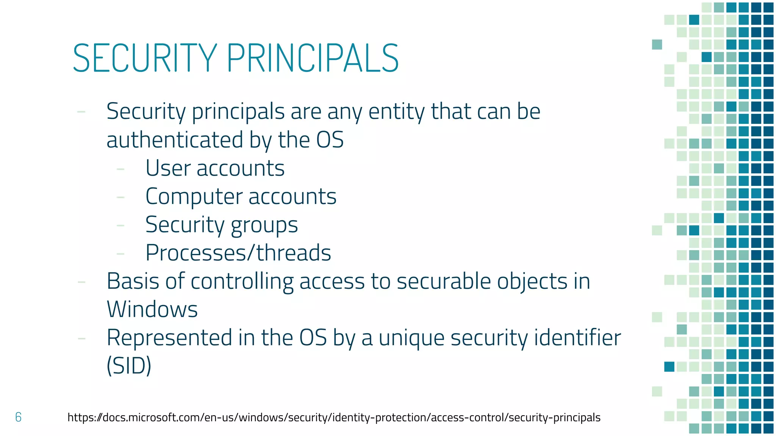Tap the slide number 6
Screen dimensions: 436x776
tap(18, 417)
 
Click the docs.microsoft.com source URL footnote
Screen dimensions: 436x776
tap(334, 417)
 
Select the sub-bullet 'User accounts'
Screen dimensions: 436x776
tap(215, 168)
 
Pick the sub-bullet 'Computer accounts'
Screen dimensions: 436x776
tap(241, 196)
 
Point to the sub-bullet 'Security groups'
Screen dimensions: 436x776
tap(222, 225)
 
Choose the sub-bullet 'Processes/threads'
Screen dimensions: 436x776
tap(238, 253)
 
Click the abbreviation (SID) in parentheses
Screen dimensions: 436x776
tap(129, 366)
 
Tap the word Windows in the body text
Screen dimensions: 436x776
tap(152, 309)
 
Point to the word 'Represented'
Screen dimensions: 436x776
tap(169, 338)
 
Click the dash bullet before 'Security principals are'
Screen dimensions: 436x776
tap(81, 112)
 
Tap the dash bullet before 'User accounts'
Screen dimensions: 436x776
tap(120, 169)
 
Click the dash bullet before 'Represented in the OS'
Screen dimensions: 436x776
tap(81, 338)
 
